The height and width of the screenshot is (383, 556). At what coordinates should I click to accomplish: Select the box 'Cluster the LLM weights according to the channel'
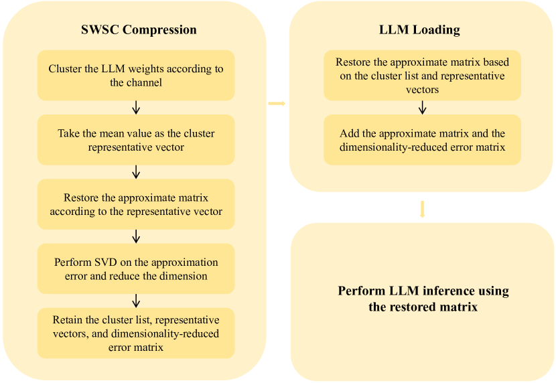136,76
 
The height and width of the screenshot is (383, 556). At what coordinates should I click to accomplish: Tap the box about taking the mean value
136,140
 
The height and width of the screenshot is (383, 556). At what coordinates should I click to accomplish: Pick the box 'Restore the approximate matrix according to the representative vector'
136,204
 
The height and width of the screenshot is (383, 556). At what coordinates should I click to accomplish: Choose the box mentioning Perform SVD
136,269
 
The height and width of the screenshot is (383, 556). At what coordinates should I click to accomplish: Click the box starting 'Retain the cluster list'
136,333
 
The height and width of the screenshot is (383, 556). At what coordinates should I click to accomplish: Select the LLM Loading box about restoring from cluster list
422,76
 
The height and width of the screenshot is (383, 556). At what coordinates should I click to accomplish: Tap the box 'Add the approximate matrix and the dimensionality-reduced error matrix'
422,140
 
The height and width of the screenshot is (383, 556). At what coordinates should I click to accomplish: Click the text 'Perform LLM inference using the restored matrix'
423,299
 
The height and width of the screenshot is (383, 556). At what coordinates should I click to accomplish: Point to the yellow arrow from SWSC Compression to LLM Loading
277,104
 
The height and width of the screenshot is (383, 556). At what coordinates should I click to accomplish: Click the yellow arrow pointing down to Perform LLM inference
422,209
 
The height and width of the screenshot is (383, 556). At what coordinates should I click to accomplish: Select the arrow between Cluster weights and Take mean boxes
136,107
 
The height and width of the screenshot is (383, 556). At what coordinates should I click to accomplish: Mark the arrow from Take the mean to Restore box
136,171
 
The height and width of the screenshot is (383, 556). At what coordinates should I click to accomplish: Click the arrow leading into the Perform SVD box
136,236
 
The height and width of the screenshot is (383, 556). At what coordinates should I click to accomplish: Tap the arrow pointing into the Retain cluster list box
136,300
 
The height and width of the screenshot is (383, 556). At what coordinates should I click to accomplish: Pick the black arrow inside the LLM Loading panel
422,107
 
